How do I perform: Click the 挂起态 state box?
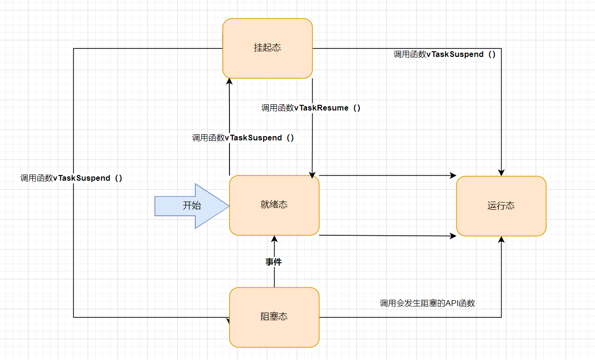[x=267, y=48]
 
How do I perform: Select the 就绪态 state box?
[x=274, y=205]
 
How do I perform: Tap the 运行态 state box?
[x=501, y=206]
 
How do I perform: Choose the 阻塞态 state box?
[x=274, y=317]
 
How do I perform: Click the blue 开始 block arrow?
[x=192, y=206]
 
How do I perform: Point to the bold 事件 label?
[x=274, y=262]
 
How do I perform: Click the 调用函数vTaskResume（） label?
[x=311, y=108]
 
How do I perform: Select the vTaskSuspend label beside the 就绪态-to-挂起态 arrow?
[x=243, y=138]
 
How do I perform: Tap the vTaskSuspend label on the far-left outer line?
[x=71, y=178]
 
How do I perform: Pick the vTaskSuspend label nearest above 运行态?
[x=445, y=55]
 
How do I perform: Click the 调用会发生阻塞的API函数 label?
[x=427, y=303]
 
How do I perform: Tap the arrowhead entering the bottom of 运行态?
[x=501, y=240]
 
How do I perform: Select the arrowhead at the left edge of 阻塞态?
[x=228, y=320]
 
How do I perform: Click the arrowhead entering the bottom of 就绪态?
[x=274, y=238]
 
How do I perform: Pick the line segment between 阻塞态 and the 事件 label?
[x=274, y=277]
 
